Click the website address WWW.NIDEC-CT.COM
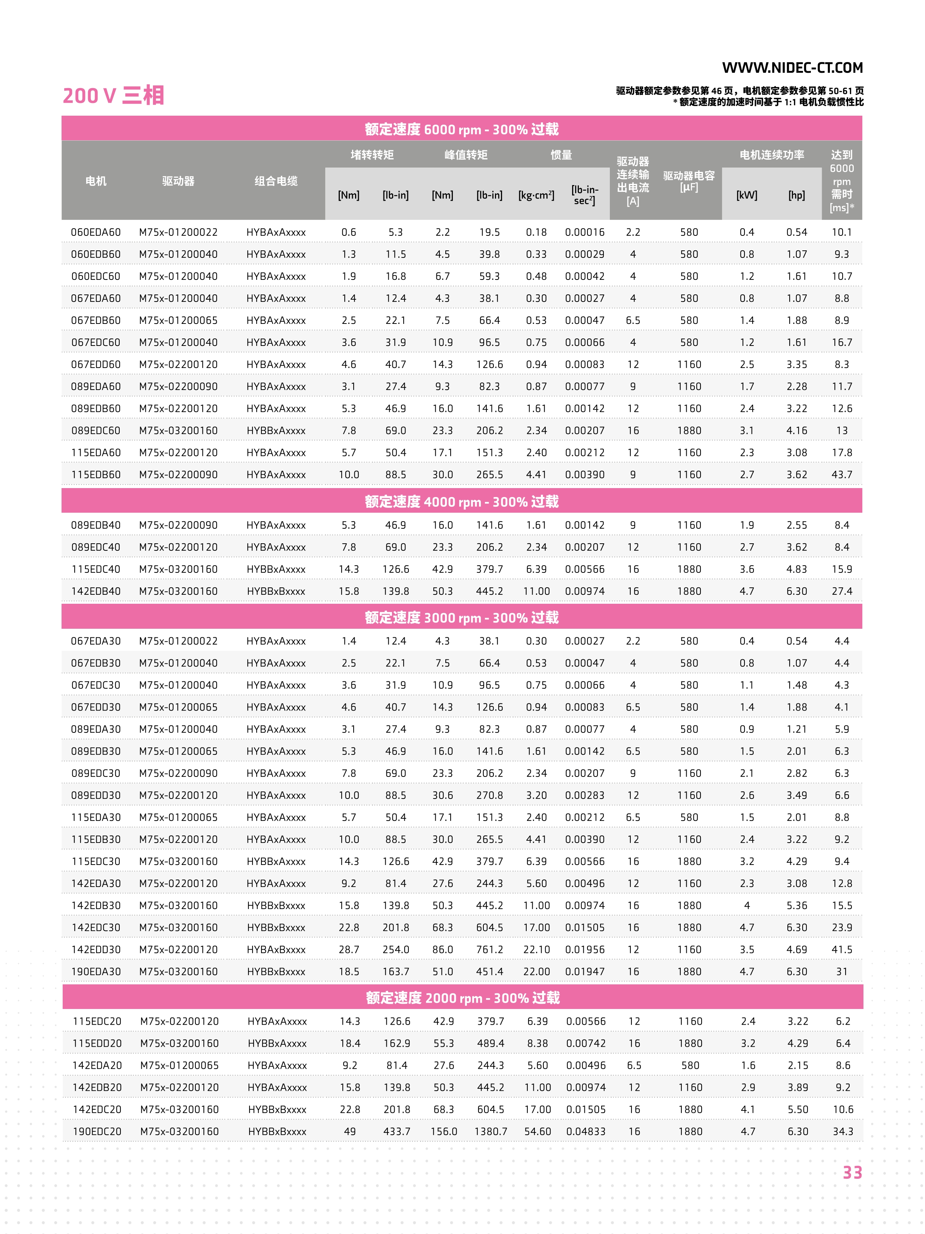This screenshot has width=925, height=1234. (x=792, y=68)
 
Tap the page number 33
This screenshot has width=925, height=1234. (x=852, y=1172)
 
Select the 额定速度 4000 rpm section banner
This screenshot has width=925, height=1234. (x=462, y=502)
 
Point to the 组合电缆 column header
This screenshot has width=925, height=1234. (x=276, y=181)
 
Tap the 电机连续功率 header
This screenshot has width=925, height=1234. (x=772, y=154)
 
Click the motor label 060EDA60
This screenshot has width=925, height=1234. (x=96, y=232)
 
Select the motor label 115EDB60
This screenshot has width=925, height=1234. (x=96, y=475)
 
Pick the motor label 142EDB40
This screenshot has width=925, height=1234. (x=96, y=591)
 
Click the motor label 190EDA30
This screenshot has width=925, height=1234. (x=96, y=972)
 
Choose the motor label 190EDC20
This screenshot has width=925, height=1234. (x=97, y=1131)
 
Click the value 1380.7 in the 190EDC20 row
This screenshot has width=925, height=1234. (x=490, y=1131)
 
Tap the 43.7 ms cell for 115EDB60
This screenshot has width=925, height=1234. (x=842, y=475)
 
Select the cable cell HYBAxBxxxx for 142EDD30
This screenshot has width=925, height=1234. (x=276, y=950)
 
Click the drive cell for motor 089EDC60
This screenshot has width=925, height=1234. (x=178, y=431)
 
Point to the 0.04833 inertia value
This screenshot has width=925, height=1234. (x=586, y=1131)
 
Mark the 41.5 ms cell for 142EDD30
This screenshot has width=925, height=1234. (x=842, y=950)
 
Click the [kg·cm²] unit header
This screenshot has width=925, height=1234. (x=536, y=195)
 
